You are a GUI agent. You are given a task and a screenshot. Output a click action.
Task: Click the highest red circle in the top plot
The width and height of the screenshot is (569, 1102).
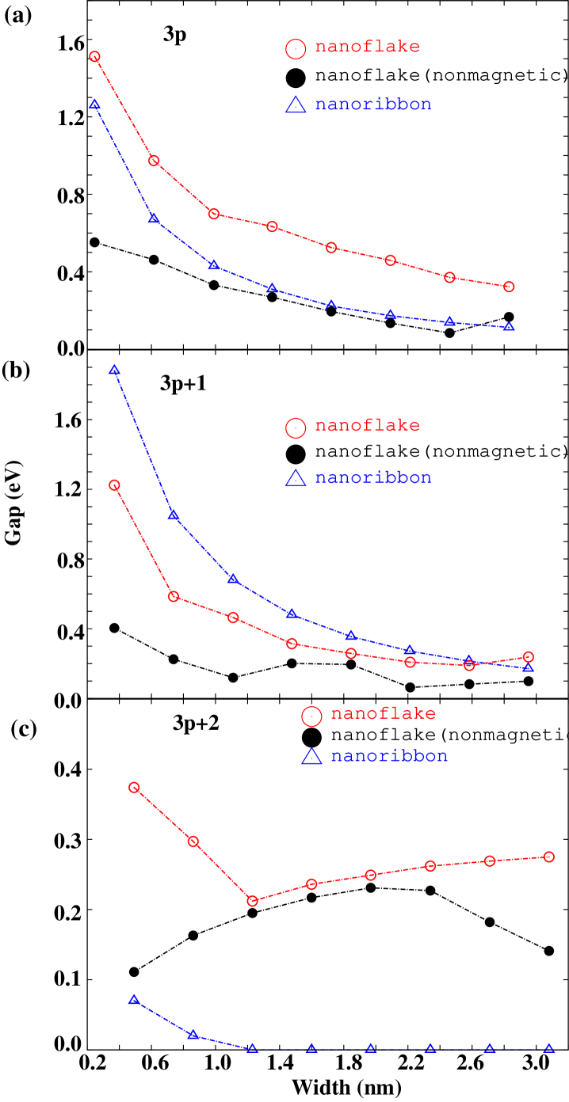(x=94, y=57)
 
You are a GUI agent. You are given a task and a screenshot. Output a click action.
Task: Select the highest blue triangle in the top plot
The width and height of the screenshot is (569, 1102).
(x=94, y=104)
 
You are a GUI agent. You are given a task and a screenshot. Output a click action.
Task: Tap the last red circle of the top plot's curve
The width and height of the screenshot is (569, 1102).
(x=509, y=287)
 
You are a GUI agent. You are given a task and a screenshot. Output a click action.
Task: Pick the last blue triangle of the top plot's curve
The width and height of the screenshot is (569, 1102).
(x=509, y=327)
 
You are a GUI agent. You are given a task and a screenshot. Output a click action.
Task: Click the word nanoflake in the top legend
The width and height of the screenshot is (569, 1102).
(x=367, y=47)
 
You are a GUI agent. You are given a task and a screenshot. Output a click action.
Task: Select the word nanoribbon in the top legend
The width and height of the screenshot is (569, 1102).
(x=372, y=104)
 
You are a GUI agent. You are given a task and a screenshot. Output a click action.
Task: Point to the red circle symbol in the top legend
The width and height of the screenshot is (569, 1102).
(x=296, y=49)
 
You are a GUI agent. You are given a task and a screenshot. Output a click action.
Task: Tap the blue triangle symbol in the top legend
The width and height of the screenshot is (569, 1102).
(x=296, y=105)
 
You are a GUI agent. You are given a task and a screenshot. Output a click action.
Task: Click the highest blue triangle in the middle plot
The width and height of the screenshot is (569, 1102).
(x=114, y=370)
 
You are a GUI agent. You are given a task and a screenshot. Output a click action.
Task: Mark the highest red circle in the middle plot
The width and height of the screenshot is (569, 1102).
(x=114, y=485)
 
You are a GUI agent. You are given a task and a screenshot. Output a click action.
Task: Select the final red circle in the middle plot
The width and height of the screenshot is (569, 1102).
(x=529, y=657)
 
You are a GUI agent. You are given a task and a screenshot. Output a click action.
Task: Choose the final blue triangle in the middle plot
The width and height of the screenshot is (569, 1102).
(x=529, y=668)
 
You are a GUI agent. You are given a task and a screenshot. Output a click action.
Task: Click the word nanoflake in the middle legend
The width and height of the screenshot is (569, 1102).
(x=367, y=425)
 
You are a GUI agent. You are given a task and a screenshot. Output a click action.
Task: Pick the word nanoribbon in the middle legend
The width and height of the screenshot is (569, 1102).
(x=372, y=477)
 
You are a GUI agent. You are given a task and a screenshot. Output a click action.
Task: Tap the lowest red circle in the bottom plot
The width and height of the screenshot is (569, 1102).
(x=253, y=901)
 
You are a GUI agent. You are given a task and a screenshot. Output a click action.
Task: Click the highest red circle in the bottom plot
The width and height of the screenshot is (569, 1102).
(x=134, y=788)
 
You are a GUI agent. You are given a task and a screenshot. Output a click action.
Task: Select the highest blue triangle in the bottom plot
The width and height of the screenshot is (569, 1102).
(x=134, y=1001)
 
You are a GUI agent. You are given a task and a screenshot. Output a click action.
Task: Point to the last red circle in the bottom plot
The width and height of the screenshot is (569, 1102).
(x=549, y=857)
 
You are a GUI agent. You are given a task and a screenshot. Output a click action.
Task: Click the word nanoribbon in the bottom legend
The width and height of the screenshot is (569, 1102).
(x=388, y=755)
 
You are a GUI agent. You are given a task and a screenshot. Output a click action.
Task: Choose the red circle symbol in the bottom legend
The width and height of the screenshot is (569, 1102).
(x=312, y=716)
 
